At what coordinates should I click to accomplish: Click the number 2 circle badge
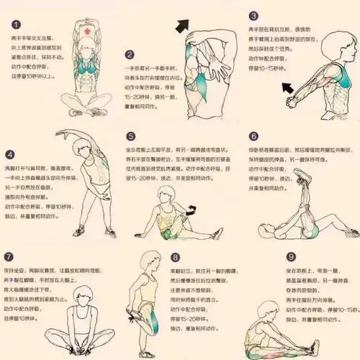point(129,54)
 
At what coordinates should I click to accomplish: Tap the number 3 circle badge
point(253,15)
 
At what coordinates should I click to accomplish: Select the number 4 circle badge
point(10,154)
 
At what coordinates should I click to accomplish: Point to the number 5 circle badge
point(130,136)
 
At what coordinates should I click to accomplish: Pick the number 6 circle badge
point(253,136)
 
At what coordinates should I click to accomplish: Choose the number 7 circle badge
point(9,257)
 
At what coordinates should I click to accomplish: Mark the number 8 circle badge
point(175,257)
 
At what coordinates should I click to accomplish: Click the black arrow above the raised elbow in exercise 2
point(184,27)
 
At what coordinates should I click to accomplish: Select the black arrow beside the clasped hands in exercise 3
point(290,89)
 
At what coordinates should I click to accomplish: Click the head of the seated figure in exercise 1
point(89,50)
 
